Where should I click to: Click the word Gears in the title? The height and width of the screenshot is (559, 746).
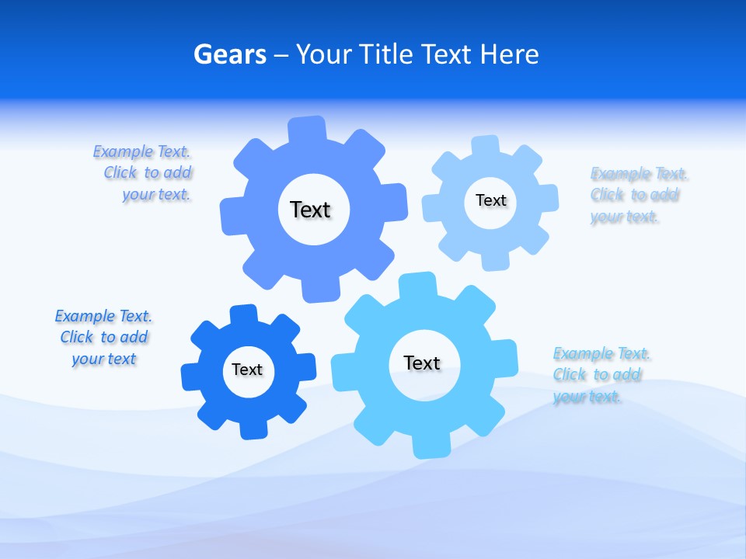(x=230, y=54)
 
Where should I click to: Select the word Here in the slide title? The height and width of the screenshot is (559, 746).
(x=509, y=54)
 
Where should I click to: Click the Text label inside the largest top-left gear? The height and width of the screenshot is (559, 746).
(x=310, y=210)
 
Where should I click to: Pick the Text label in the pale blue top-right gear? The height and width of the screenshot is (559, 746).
(x=490, y=200)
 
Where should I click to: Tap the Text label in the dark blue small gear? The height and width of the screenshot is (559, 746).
(x=247, y=370)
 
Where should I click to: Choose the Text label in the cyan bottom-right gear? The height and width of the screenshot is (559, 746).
(x=422, y=363)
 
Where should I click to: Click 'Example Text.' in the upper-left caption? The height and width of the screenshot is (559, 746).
(x=141, y=151)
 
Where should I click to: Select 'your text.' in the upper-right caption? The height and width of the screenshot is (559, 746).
(x=624, y=217)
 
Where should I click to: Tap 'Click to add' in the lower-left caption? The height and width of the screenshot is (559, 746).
(x=104, y=337)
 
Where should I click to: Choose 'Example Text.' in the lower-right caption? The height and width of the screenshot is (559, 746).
(x=601, y=353)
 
